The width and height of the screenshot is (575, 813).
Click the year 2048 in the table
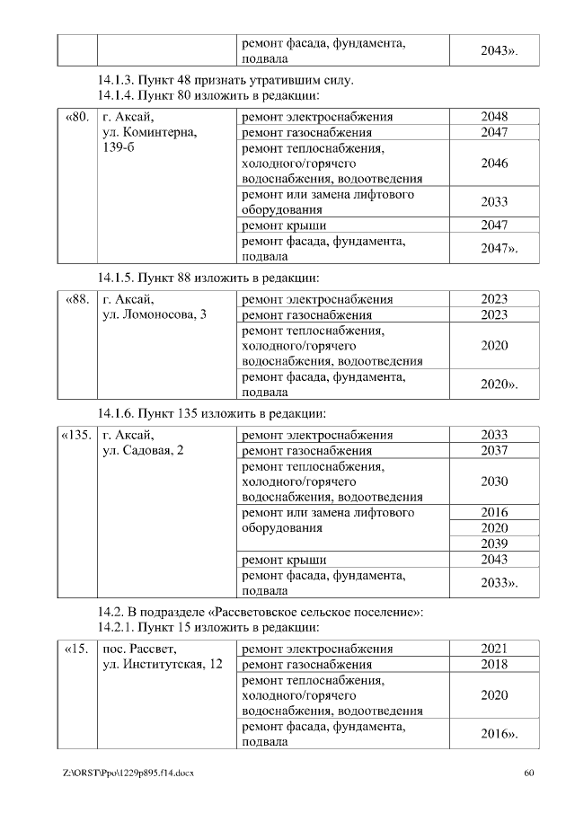(493, 117)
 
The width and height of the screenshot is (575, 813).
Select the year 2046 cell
(493, 163)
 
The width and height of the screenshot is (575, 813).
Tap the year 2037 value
(493, 451)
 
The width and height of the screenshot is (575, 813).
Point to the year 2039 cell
(493, 543)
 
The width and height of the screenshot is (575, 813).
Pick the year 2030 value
(493, 482)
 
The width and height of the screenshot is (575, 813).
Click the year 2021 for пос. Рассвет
(493, 649)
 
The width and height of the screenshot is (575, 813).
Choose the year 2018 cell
(493, 664)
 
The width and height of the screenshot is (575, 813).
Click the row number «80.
(78, 117)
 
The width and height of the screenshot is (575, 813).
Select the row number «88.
(78, 299)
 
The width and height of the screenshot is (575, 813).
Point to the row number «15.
(77, 649)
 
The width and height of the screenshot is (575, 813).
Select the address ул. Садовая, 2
(144, 451)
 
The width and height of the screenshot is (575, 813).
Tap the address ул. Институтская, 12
(163, 664)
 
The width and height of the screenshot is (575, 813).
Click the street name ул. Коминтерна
(149, 132)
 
